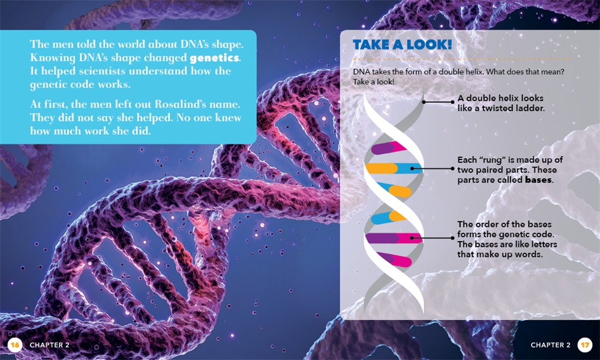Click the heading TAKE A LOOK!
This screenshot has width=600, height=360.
(x=402, y=45)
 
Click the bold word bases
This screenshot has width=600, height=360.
(x=538, y=180)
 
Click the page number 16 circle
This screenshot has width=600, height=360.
(x=15, y=345)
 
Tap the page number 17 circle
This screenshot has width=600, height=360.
(x=585, y=345)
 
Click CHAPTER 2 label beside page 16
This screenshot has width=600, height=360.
(x=50, y=345)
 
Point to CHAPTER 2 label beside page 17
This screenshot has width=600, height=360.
(x=550, y=345)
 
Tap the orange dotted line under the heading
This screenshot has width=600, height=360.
(x=462, y=59)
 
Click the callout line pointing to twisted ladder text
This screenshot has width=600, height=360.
(x=438, y=102)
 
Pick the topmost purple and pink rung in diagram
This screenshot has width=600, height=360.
(x=389, y=147)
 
